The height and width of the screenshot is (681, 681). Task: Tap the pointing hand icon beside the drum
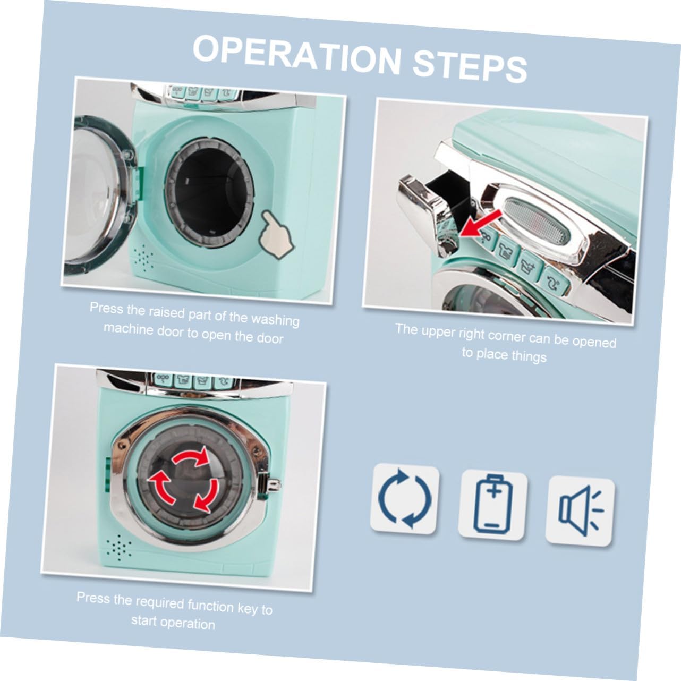276,234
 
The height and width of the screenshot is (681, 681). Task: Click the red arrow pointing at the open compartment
481,223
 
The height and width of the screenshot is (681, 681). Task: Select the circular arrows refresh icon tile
405,499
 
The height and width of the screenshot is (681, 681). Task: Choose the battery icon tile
492,505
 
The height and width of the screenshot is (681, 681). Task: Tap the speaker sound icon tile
580,511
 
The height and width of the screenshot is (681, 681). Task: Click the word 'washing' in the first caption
275,319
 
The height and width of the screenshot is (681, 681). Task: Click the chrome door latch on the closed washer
271,484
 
